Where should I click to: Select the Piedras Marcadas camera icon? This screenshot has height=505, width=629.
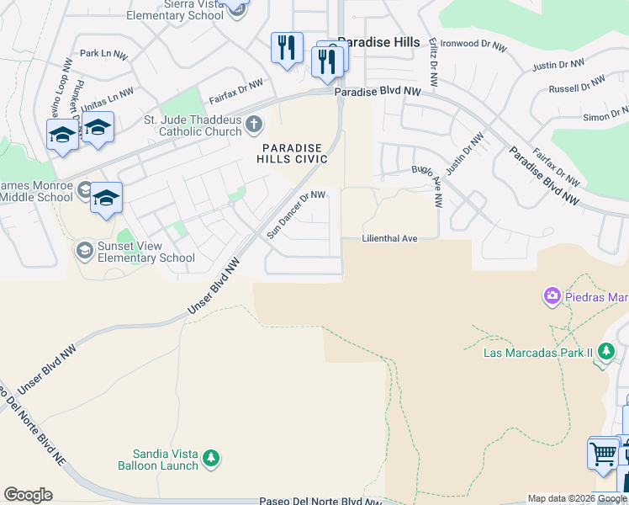pyautogui.click(x=552, y=295)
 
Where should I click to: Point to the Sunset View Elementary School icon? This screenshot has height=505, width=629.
pyautogui.click(x=84, y=250)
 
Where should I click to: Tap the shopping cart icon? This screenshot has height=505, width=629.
pyautogui.click(x=603, y=454)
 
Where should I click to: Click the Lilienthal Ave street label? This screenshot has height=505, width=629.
pyautogui.click(x=389, y=239)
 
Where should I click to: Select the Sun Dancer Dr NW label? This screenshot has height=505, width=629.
pyautogui.click(x=296, y=215)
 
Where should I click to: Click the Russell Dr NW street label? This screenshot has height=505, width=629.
pyautogui.click(x=577, y=85)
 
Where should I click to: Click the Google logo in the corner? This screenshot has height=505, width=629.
pyautogui.click(x=28, y=495)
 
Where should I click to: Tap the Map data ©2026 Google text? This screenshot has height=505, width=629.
pyautogui.click(x=577, y=498)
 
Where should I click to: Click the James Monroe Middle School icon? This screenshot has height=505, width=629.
pyautogui.click(x=84, y=190)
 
